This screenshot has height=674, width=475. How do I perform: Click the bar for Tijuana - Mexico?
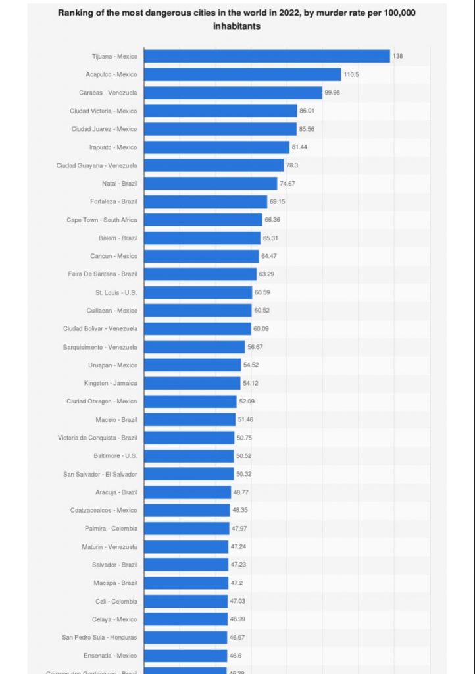(x=266, y=57)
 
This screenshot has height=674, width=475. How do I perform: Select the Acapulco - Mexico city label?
(x=111, y=74)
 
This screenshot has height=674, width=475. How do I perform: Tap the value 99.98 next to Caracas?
(x=332, y=93)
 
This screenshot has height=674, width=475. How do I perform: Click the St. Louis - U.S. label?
(x=116, y=292)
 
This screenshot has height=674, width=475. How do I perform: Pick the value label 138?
(x=398, y=57)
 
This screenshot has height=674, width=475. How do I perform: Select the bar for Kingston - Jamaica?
(x=192, y=383)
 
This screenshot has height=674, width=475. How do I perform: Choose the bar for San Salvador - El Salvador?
(x=189, y=474)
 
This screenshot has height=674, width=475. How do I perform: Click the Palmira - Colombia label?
(x=111, y=529)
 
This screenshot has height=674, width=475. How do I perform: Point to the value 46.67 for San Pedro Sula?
(x=237, y=637)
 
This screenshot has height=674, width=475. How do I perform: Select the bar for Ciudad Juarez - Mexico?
(x=220, y=129)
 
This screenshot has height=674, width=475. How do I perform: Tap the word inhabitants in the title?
(x=237, y=26)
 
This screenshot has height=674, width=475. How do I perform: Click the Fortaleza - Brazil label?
(x=114, y=201)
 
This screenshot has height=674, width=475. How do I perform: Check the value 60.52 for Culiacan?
(x=263, y=311)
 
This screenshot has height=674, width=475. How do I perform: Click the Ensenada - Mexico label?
(x=111, y=656)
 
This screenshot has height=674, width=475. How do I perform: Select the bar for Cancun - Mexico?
(x=201, y=256)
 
